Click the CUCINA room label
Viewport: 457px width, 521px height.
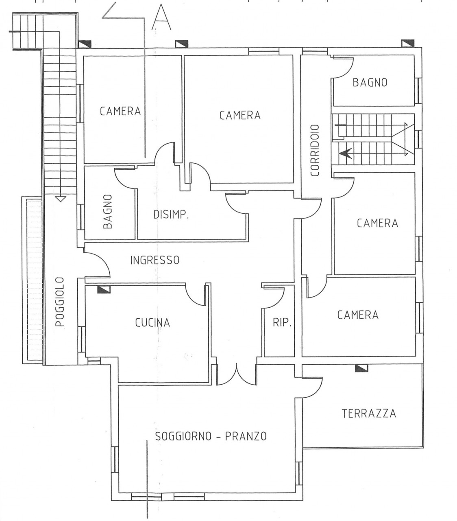point(152,322)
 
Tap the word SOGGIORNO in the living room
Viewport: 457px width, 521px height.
point(183,436)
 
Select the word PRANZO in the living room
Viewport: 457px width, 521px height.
point(246,436)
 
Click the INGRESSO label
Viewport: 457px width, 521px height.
point(155,260)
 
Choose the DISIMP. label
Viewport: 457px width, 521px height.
point(171,215)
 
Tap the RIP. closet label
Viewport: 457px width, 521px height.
point(282,322)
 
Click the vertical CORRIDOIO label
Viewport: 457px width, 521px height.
point(315,151)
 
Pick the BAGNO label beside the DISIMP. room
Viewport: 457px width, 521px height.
point(108,211)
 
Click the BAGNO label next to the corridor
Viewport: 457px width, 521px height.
point(370,83)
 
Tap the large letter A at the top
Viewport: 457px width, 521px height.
point(161,17)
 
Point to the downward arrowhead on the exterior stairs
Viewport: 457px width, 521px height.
point(60,199)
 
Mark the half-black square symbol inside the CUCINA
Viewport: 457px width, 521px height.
point(104,290)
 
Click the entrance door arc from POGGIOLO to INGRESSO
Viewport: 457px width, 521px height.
point(99,264)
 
